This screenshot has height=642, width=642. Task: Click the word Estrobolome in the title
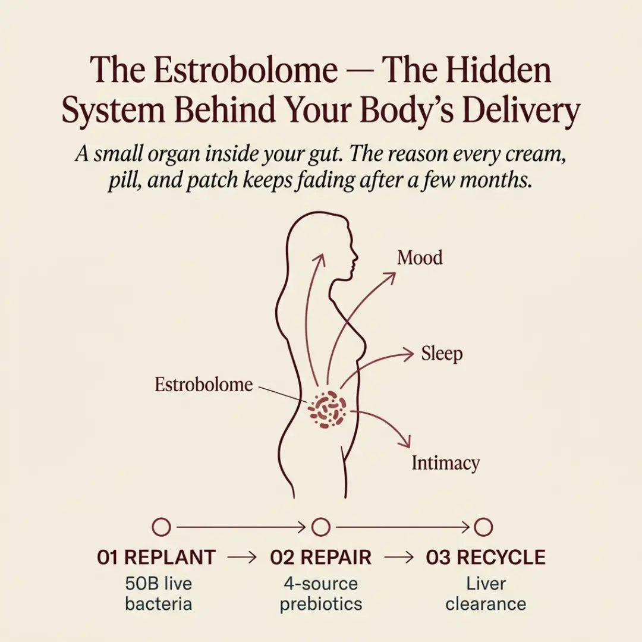coord(246,70)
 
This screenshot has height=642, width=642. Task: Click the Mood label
coord(420,258)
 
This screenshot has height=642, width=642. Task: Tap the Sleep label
coord(442,354)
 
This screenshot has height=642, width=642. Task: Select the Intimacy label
coord(445,463)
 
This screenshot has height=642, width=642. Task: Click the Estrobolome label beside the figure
coord(203,385)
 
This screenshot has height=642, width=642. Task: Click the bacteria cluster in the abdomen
coord(327,410)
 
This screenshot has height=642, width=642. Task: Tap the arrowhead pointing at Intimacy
coord(405,441)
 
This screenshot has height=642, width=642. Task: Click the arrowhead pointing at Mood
coord(390,278)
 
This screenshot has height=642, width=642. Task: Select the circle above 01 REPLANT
coord(161,527)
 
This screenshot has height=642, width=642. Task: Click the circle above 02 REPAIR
coord(320,527)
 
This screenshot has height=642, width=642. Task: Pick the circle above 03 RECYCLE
coord(483,527)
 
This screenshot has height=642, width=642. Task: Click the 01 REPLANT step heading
coord(156,557)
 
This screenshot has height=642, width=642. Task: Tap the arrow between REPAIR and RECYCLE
coord(399,557)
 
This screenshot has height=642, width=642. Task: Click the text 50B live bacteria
coord(159,594)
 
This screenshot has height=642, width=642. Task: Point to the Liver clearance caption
coord(486,594)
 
